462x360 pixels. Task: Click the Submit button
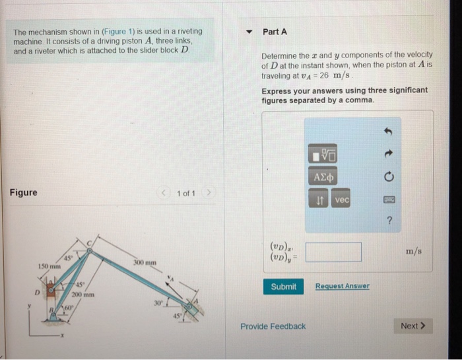pos(284,287)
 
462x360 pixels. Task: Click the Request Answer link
pos(342,286)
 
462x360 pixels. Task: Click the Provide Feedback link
pos(273,326)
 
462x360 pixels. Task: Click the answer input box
pos(333,252)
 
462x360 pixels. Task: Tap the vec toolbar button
pos(342,200)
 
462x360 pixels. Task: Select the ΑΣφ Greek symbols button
pos(324,178)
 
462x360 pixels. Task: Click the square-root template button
pos(324,155)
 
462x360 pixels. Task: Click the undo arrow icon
pos(389,131)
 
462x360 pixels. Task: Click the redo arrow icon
pos(389,154)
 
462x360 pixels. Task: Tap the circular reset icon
pos(389,177)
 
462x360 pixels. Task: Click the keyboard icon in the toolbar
pos(389,200)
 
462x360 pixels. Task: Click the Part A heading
pos(275,32)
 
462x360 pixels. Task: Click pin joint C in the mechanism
pos(93,244)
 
